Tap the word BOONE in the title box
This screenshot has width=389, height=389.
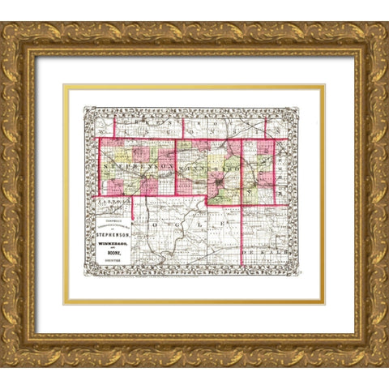(x=113, y=259)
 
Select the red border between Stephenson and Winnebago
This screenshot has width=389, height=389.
(x=176, y=166)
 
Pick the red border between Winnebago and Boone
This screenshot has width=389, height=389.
(x=242, y=166)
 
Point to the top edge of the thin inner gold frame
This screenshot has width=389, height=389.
(x=194, y=85)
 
